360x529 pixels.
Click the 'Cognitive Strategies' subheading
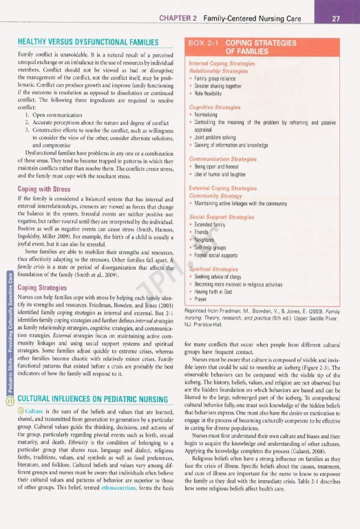(214, 107)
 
